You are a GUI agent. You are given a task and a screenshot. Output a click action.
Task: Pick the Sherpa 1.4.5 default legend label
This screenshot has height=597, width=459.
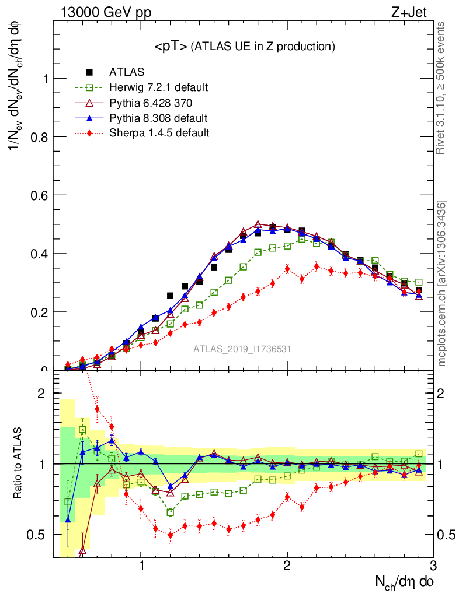(x=159, y=133)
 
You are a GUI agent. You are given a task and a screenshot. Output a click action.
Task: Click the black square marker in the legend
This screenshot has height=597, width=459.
(x=89, y=72)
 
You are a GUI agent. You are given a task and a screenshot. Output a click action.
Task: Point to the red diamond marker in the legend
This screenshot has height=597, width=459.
(x=89, y=133)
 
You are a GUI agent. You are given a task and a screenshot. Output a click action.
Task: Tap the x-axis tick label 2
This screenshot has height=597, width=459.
(x=287, y=567)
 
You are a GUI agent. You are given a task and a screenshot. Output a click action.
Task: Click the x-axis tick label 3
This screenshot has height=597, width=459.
(x=433, y=567)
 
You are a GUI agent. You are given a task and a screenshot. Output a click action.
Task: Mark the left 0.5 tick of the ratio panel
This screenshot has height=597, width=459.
(x=40, y=535)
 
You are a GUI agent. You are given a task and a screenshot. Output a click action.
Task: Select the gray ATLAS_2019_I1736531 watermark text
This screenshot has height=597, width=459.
(x=242, y=349)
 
